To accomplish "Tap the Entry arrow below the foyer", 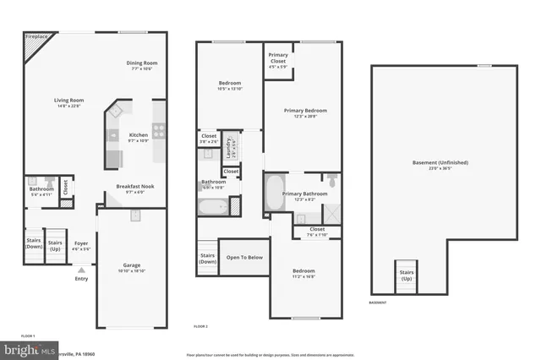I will [x=81, y=270].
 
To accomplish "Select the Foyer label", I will [x=81, y=244].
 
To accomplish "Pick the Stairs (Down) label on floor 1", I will [x=34, y=244].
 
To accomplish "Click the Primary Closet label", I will [x=278, y=58].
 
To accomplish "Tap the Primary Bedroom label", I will [x=304, y=112].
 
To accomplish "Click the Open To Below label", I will [x=243, y=257].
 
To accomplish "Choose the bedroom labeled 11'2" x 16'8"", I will [x=304, y=273].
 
